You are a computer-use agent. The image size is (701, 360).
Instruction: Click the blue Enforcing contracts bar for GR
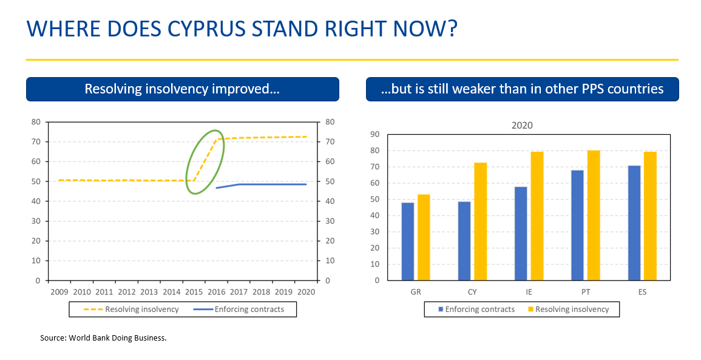coord(408,242)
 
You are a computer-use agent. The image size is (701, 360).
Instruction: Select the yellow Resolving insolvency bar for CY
coord(480,222)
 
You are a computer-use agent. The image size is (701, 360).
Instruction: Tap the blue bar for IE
coord(521,234)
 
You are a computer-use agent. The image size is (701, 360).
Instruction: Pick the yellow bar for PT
coord(594,216)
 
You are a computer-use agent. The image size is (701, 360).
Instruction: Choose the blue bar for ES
coord(634,223)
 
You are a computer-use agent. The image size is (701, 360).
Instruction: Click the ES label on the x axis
coord(643,292)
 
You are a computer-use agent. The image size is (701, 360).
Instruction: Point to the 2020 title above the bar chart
coord(522,126)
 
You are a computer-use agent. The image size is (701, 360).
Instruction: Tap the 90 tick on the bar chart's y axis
coord(374,134)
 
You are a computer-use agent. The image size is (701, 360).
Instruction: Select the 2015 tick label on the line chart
coord(194,292)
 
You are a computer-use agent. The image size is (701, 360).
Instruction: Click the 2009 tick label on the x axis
coord(59,292)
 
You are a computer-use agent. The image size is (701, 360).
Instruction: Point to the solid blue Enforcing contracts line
coord(262,184)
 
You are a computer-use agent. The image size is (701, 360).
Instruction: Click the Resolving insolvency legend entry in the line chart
coord(131,310)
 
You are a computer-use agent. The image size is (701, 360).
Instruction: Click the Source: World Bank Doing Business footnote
coord(103,338)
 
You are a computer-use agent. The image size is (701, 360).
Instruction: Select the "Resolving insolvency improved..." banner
coord(183,89)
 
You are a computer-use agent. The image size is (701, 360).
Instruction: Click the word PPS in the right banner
coord(593,89)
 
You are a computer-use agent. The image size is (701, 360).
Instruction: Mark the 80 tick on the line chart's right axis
coord(330,121)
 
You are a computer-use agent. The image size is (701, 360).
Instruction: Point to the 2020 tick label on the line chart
coord(306,292)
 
